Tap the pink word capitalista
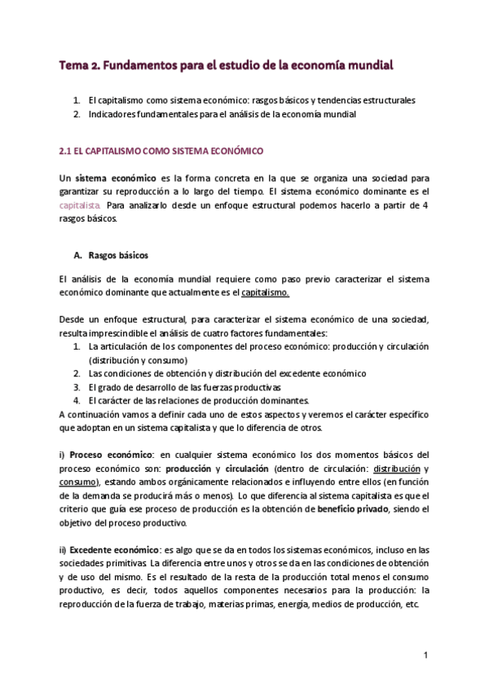tap(80, 205)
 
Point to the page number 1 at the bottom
tap(425, 655)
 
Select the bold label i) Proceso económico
tap(107, 454)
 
